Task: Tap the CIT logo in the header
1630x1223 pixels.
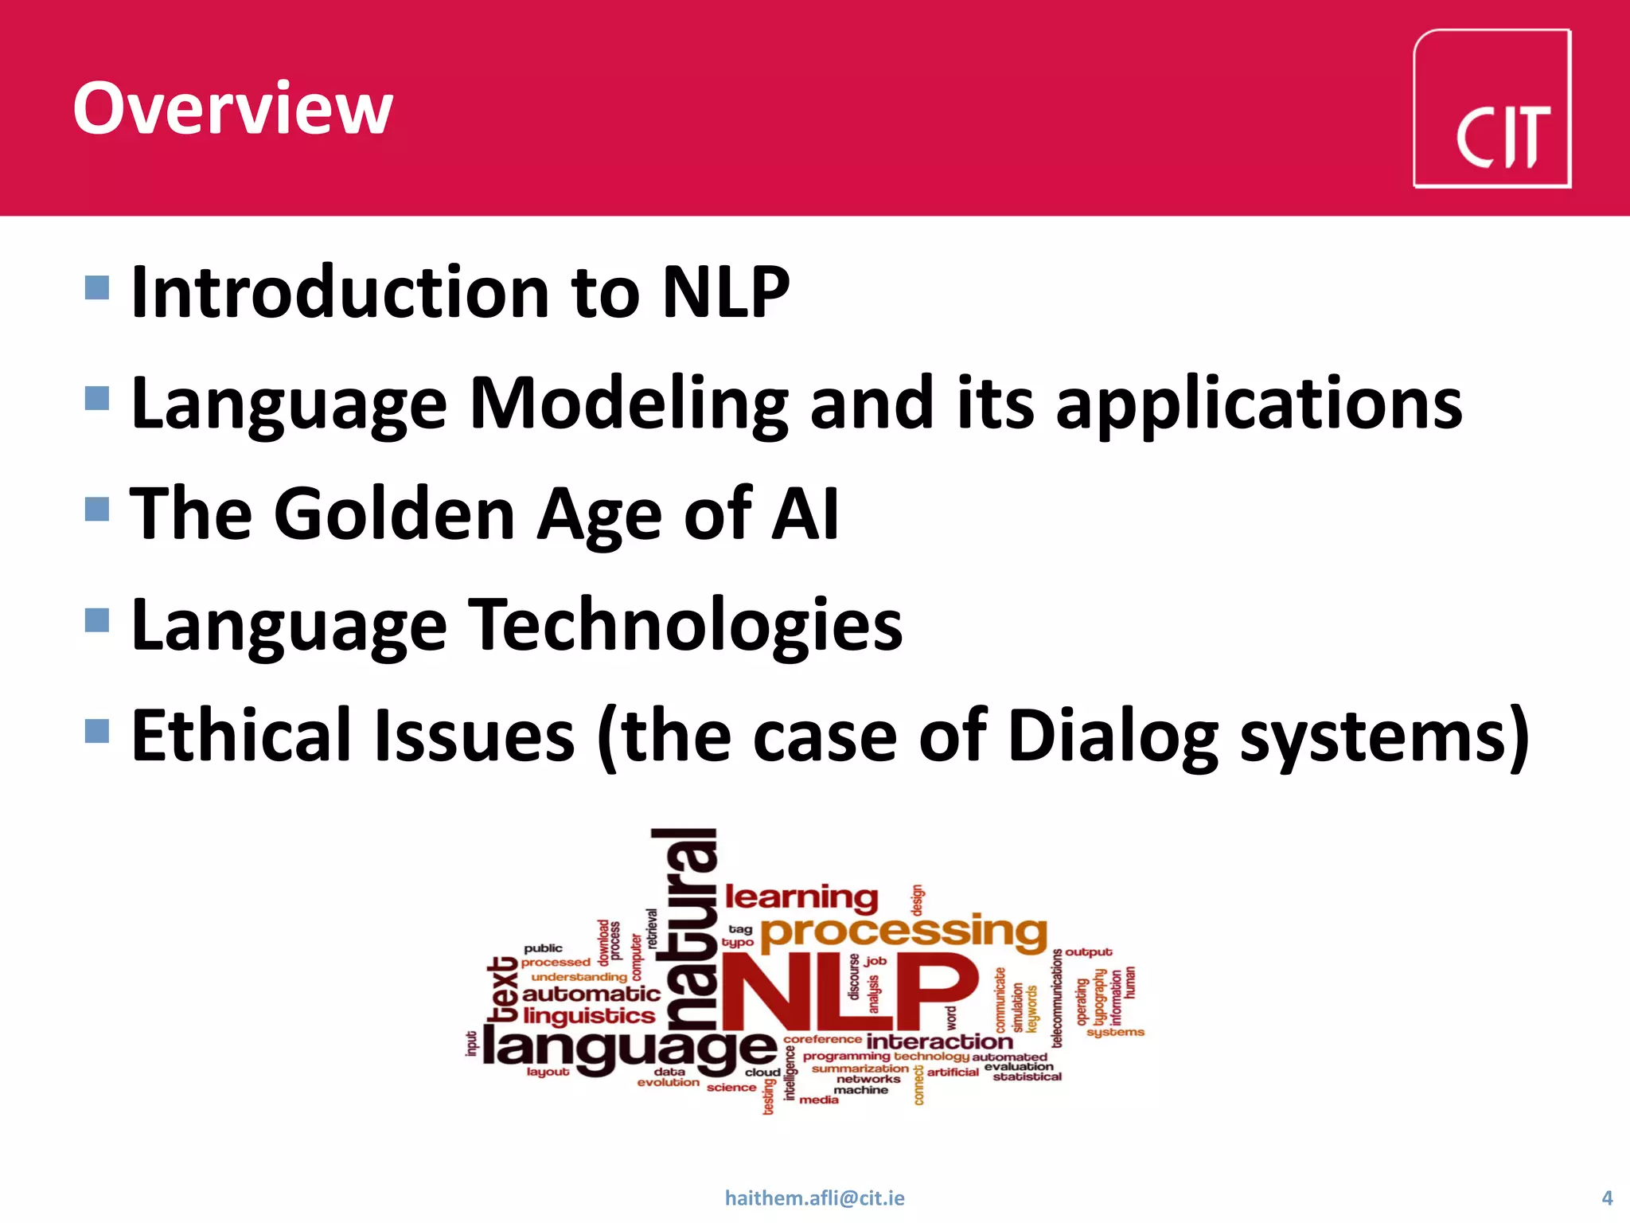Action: coord(1492,109)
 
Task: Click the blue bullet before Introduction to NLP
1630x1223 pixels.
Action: coord(96,287)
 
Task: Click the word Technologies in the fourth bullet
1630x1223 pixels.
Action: coord(684,626)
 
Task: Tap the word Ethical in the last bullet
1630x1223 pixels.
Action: coord(241,736)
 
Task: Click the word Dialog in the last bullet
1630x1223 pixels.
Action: coord(1112,737)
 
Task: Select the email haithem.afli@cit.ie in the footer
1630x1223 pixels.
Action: coord(814,1198)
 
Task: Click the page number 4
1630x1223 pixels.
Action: coord(1606,1198)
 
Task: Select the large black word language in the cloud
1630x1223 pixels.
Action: coord(629,1049)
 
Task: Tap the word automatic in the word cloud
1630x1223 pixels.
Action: coord(591,994)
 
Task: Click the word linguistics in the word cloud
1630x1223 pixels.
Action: coord(589,1016)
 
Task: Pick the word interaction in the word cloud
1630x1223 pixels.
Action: coord(939,1041)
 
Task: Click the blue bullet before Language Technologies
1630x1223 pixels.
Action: coord(96,619)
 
